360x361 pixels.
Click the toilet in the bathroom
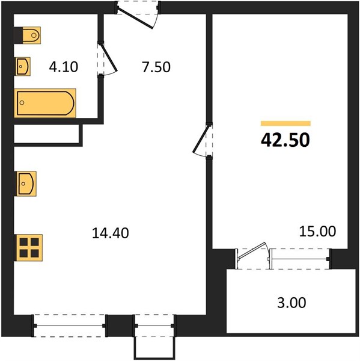31,35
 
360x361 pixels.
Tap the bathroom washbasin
23,67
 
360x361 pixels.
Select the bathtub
45,103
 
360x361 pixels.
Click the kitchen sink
26,184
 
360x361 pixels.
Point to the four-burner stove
29,248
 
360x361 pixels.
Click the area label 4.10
64,67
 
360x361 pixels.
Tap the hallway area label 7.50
156,67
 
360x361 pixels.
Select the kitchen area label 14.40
111,233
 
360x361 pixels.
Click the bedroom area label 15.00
317,232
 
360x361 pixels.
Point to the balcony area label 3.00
291,303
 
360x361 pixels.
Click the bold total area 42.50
285,140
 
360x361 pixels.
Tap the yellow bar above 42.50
285,123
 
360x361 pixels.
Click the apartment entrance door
138,15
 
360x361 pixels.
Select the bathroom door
107,59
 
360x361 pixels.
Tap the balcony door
252,255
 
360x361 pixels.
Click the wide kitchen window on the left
70,326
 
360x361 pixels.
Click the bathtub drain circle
22,103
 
